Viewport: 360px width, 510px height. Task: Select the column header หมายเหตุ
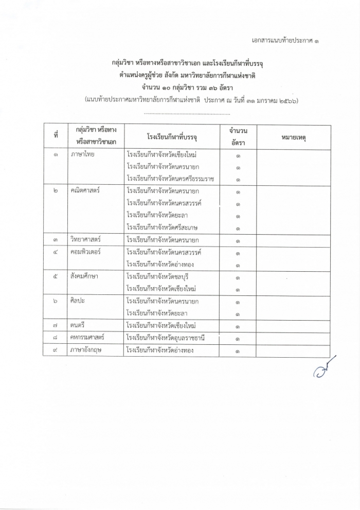[293, 137]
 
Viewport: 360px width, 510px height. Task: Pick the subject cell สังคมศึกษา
[85, 277]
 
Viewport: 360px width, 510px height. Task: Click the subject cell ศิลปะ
[79, 301]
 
